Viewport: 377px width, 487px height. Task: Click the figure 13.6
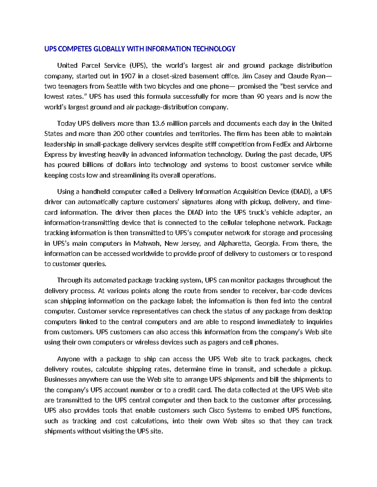pos(158,123)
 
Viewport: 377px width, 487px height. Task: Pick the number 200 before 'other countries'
pos(119,134)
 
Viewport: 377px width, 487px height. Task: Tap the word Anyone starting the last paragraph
pos(68,359)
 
